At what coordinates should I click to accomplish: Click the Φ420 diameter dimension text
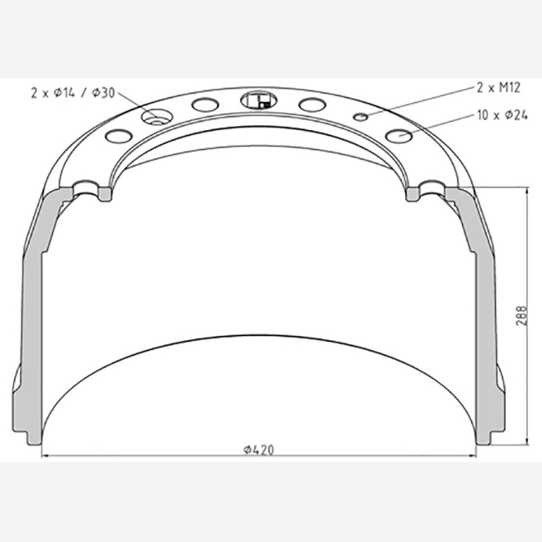pyautogui.click(x=258, y=449)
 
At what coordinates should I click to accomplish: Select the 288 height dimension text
pyautogui.click(x=521, y=315)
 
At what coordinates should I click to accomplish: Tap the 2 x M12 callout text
pyautogui.click(x=498, y=88)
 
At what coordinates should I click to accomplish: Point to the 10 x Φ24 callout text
pyautogui.click(x=502, y=115)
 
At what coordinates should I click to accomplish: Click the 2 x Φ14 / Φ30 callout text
pyautogui.click(x=73, y=93)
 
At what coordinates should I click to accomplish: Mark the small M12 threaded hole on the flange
pyautogui.click(x=360, y=118)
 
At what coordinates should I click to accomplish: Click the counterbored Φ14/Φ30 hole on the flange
pyautogui.click(x=157, y=117)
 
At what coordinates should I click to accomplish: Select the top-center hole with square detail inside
pyautogui.click(x=258, y=100)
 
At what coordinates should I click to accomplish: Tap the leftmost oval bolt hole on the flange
pyautogui.click(x=119, y=136)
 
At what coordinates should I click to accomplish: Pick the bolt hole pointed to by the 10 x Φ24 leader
pyautogui.click(x=399, y=136)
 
